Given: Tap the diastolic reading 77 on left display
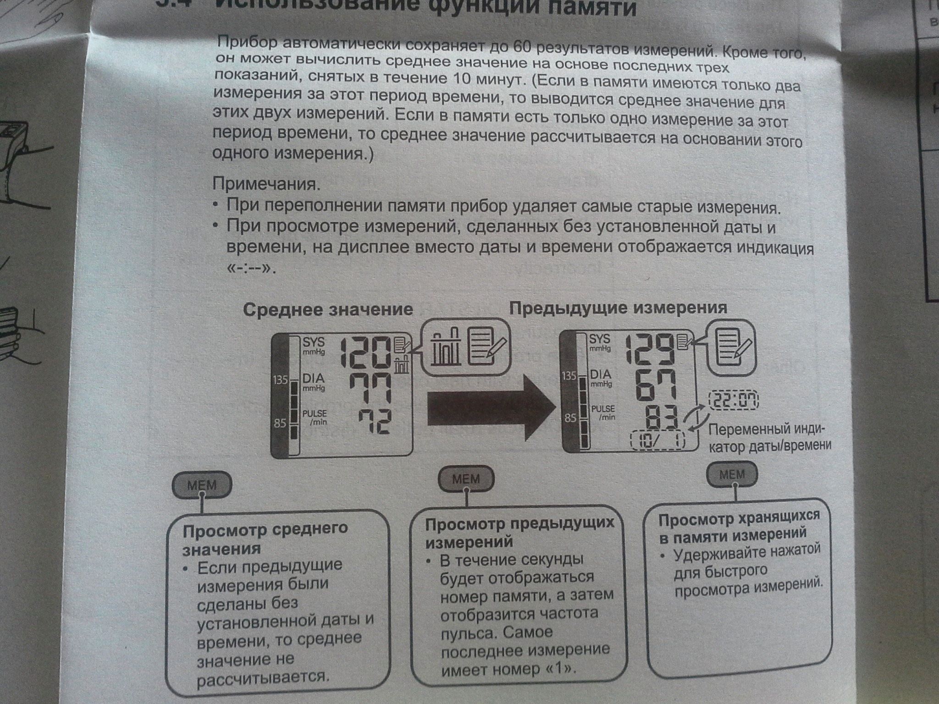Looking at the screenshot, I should point(370,388).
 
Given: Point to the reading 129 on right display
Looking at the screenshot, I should point(650,349).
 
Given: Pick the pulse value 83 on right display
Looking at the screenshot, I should point(661,418).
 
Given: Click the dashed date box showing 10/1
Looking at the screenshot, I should point(657,441).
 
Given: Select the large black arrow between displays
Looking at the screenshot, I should point(491,408).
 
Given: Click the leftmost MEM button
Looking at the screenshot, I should point(202,485).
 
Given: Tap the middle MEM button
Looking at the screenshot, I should point(466,479).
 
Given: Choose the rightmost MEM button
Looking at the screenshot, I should point(732,474).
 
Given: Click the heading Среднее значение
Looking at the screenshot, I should point(328,310).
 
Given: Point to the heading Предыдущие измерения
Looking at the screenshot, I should point(618,308).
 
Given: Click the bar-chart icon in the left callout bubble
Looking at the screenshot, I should point(445,347).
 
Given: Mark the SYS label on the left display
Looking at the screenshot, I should point(313,342).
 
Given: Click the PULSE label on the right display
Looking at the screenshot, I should point(602,408).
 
